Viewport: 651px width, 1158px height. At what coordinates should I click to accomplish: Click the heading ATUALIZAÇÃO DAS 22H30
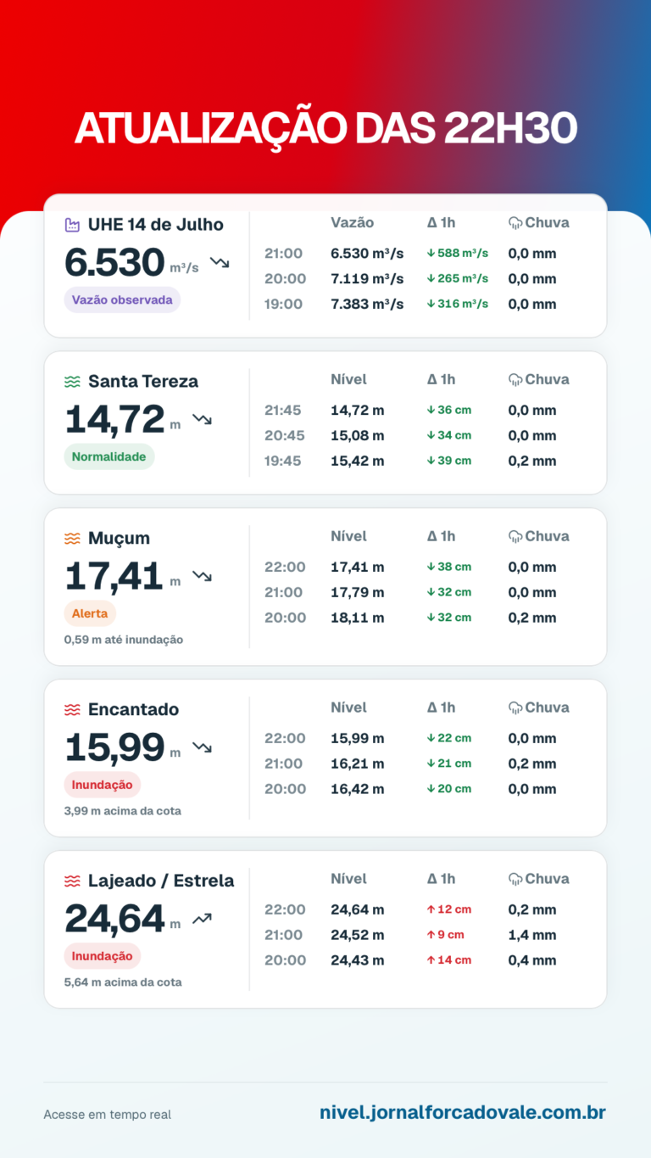pyautogui.click(x=326, y=128)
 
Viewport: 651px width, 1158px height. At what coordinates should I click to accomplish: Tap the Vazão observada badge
pyautogui.click(x=122, y=299)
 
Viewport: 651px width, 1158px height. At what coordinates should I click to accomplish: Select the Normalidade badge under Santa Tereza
pyautogui.click(x=109, y=456)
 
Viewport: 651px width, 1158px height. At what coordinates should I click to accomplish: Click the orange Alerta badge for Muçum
pyautogui.click(x=90, y=613)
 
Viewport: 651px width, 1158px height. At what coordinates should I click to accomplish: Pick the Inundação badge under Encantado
pyautogui.click(x=103, y=784)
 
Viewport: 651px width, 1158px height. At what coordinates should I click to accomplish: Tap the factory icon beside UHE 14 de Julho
pyautogui.click(x=72, y=225)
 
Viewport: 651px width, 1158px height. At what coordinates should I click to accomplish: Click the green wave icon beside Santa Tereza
pyautogui.click(x=72, y=382)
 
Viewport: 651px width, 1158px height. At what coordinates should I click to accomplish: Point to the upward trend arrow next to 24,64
pyautogui.click(x=202, y=918)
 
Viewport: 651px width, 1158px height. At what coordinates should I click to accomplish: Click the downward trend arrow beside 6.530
pyautogui.click(x=220, y=262)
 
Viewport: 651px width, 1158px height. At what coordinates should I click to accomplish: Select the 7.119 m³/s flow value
pyautogui.click(x=367, y=278)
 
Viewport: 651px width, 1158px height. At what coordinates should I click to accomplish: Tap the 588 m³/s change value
pyautogui.click(x=458, y=253)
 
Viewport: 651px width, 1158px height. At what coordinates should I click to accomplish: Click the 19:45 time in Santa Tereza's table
pyautogui.click(x=282, y=461)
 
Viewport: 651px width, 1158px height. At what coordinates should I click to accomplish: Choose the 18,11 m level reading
pyautogui.click(x=358, y=618)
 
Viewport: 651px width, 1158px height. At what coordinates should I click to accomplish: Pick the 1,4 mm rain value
pyautogui.click(x=532, y=935)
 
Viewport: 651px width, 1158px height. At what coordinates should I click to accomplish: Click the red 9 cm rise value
pyautogui.click(x=445, y=934)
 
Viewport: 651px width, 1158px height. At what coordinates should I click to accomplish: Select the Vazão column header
pyautogui.click(x=353, y=222)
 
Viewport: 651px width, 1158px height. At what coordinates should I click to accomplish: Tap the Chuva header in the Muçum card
pyautogui.click(x=539, y=536)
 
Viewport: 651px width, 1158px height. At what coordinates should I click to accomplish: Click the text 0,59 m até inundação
pyautogui.click(x=124, y=640)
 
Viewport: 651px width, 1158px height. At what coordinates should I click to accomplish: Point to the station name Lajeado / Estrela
pyautogui.click(x=161, y=881)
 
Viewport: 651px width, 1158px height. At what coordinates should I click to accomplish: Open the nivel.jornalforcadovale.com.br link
pyautogui.click(x=463, y=1112)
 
